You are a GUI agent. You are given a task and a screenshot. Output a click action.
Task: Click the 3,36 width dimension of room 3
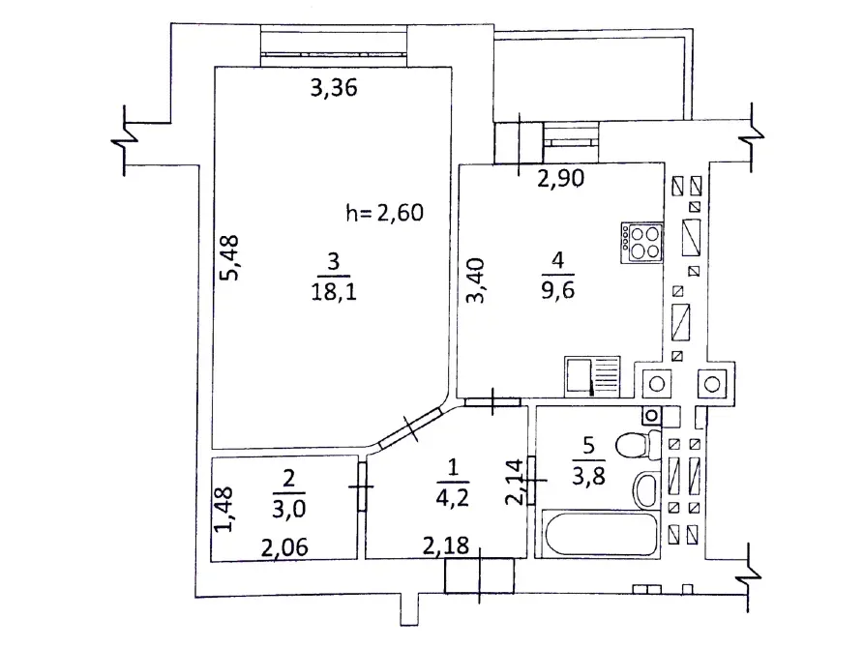(333, 89)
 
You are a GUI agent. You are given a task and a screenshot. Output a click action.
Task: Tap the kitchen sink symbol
(592, 376)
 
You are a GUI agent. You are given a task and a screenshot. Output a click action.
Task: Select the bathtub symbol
(598, 533)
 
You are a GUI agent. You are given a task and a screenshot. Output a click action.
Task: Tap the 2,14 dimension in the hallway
(516, 480)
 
